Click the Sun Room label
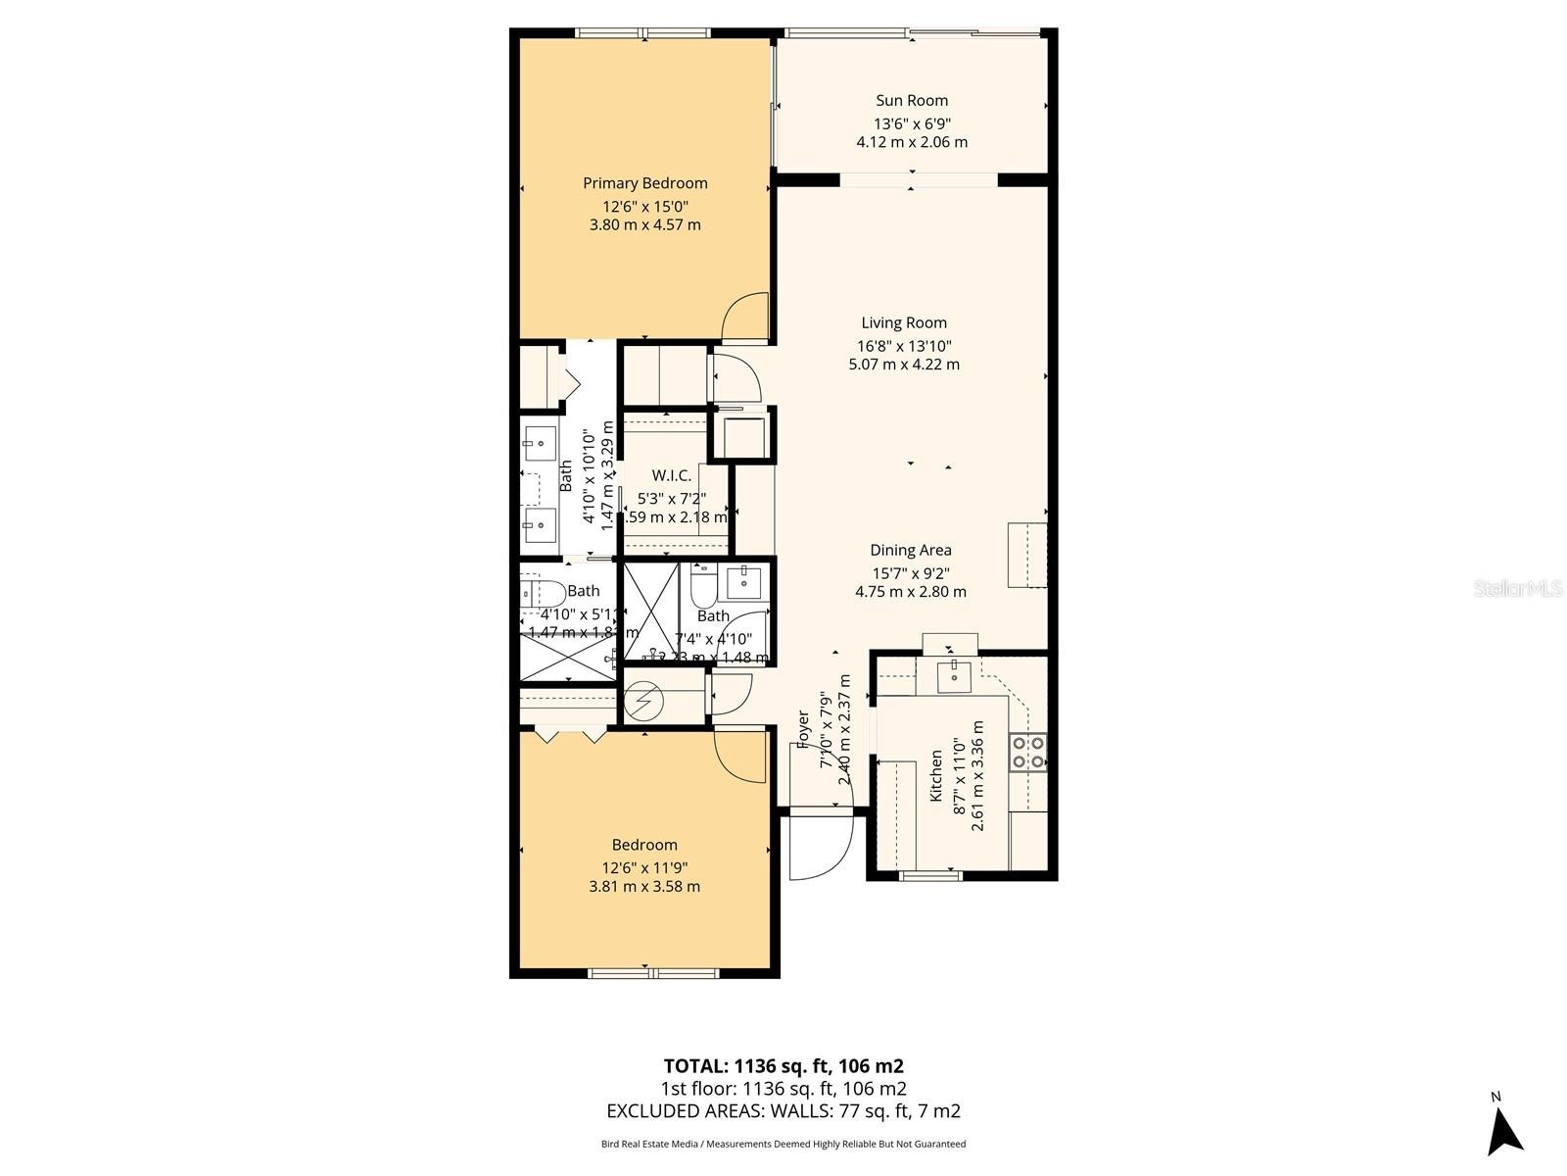click(x=911, y=100)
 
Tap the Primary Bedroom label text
click(x=644, y=183)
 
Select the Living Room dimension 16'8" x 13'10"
click(x=904, y=345)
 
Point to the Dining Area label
click(x=910, y=550)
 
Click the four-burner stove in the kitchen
click(x=1028, y=752)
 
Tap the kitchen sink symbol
click(x=952, y=674)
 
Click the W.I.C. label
click(x=671, y=475)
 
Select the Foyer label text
click(x=804, y=729)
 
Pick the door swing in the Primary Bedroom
click(x=746, y=318)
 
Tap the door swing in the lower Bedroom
click(x=741, y=756)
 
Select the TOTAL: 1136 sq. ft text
click(x=783, y=1065)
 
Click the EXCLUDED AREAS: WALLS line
click(x=783, y=1110)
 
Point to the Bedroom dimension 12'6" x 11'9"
click(x=644, y=867)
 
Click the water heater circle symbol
click(x=644, y=701)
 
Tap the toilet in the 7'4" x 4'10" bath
click(x=703, y=586)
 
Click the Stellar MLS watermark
click(x=1517, y=589)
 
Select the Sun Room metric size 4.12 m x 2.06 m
click(x=911, y=142)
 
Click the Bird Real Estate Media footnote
click(x=783, y=1144)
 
